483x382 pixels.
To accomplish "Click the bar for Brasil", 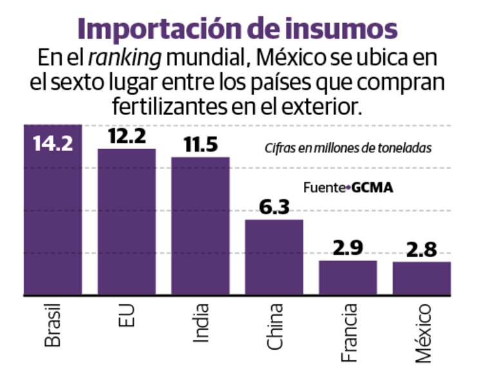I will click(x=53, y=219).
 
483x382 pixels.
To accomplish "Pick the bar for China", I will click(x=274, y=257).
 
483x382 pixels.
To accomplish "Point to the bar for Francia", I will click(x=348, y=278).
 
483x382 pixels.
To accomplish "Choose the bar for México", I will click(x=422, y=278).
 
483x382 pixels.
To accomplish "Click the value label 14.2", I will click(x=53, y=141).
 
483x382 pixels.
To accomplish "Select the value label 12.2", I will click(x=126, y=136).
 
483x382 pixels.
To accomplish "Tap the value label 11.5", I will click(x=200, y=144).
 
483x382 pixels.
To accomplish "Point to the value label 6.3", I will click(x=274, y=206).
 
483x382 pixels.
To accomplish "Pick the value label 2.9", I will click(x=348, y=248).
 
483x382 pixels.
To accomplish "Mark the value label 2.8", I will click(x=422, y=249).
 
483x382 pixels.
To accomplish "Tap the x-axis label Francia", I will click(x=348, y=329).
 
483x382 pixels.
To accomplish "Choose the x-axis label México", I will click(x=422, y=331).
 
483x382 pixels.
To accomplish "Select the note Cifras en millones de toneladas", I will click(x=348, y=148).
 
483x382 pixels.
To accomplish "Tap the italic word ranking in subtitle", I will click(x=124, y=58).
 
